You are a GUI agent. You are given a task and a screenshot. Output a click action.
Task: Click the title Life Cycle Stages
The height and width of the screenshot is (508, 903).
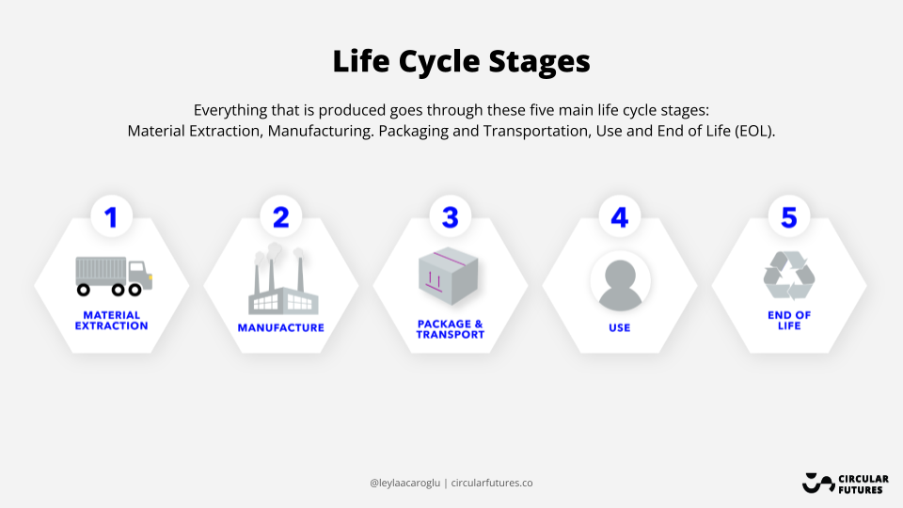(x=461, y=61)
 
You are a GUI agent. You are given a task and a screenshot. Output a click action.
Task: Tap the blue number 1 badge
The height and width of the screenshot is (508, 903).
(x=111, y=217)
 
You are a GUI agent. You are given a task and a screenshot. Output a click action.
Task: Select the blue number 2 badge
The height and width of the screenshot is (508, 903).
(x=281, y=217)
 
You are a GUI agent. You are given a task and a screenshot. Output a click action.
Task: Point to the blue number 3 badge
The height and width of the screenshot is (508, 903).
(x=451, y=217)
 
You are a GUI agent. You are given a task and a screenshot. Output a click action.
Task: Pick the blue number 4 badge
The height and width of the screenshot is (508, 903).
(x=620, y=217)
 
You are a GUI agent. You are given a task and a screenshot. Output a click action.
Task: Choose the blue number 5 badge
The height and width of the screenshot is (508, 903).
(x=789, y=217)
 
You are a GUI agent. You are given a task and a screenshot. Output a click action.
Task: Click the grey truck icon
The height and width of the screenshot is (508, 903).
(x=114, y=276)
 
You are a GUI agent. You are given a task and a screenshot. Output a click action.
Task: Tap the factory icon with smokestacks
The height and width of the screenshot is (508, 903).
(x=283, y=278)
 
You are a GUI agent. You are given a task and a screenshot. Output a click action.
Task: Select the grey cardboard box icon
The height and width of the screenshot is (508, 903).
(x=449, y=276)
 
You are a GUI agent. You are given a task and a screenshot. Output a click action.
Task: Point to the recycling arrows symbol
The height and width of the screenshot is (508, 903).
(x=789, y=276)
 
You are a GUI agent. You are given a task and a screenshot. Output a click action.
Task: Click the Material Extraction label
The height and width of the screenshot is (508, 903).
(x=111, y=321)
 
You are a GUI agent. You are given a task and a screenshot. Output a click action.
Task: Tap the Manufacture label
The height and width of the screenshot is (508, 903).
(x=281, y=327)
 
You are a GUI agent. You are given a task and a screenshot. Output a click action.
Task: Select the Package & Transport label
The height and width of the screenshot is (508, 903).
(x=451, y=329)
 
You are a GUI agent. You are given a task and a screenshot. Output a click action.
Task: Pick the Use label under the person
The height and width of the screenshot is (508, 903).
(x=620, y=327)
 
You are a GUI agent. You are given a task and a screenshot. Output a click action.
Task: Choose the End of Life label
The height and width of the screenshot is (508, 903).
(x=789, y=321)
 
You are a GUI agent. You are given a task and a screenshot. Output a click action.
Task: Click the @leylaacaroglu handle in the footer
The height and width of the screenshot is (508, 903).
(x=404, y=484)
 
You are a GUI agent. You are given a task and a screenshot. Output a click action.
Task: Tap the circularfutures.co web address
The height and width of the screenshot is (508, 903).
(x=492, y=483)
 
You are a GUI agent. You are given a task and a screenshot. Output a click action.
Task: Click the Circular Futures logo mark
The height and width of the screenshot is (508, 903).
(x=818, y=484)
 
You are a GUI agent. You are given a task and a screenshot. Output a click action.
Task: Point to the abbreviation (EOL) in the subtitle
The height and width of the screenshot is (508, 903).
(x=755, y=132)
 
